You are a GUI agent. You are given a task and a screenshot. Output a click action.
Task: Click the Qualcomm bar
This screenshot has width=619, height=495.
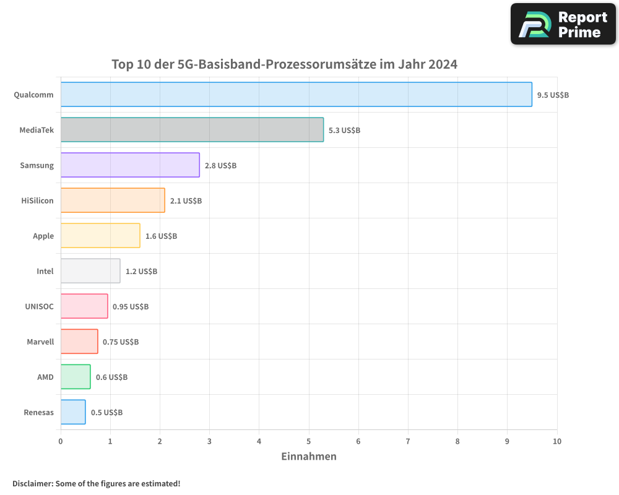[296, 95]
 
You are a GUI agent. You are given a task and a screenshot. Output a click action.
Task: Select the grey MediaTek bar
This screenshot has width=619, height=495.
[192, 130]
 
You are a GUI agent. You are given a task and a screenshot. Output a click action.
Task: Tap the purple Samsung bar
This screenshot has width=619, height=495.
[130, 165]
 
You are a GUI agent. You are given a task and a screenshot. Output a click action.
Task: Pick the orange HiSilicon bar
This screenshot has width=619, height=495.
[113, 200]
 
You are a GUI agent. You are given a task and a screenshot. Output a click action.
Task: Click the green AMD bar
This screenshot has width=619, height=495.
[76, 377]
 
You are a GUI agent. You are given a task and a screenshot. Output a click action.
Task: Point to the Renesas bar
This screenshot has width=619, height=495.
[73, 412]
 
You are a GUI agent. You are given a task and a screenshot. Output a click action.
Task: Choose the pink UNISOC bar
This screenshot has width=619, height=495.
[84, 306]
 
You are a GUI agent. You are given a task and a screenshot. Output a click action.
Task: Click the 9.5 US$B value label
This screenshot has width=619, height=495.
[553, 95]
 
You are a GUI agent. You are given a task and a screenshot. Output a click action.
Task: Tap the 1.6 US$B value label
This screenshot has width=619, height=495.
[161, 236]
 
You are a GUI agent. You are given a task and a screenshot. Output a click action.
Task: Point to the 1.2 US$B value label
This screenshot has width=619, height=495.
[141, 272]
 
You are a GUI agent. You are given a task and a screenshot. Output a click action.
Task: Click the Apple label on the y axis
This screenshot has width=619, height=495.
[43, 236]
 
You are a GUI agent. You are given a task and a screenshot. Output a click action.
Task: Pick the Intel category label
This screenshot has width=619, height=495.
[45, 272]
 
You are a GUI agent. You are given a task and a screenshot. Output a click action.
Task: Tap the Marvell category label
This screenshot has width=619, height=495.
[40, 342]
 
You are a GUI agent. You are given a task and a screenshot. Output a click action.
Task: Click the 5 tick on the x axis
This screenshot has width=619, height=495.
[309, 441]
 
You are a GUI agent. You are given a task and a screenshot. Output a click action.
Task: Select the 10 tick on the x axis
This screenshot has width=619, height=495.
[556, 441]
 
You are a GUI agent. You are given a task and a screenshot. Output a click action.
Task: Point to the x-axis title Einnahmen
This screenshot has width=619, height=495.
[309, 457]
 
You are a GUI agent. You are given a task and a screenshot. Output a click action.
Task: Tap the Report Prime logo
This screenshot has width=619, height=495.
[563, 24]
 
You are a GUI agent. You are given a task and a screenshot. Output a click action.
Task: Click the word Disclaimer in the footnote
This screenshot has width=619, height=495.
[32, 483]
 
